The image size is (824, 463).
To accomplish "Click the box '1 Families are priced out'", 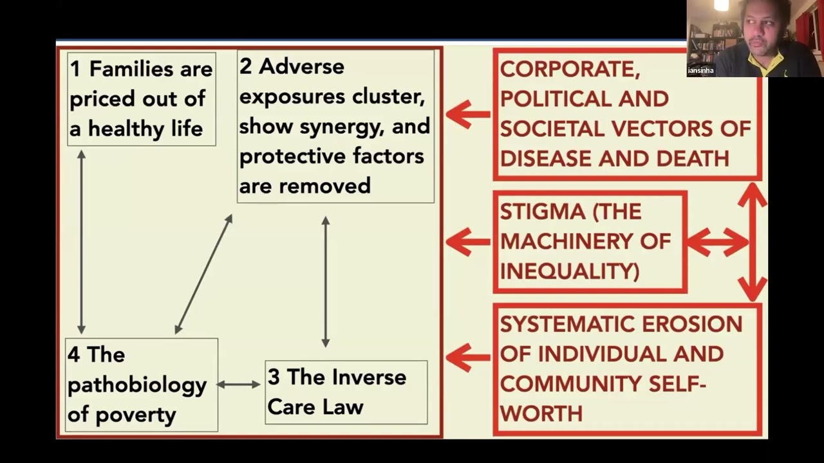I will pyautogui.click(x=141, y=99).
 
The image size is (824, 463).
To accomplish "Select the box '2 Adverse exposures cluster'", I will pyautogui.click(x=335, y=126).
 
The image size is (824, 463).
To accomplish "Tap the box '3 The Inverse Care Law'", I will pyautogui.click(x=346, y=392).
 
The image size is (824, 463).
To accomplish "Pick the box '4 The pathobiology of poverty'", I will pyautogui.click(x=141, y=385).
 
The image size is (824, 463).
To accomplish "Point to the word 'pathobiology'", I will pyautogui.click(x=137, y=385).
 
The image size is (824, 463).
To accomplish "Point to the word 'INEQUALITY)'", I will pyautogui.click(x=570, y=271).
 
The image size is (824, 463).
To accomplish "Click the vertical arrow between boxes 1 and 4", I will pyautogui.click(x=81, y=241).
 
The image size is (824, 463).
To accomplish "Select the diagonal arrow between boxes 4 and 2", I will pyautogui.click(x=203, y=275).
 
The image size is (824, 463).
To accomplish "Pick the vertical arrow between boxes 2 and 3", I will pyautogui.click(x=325, y=282).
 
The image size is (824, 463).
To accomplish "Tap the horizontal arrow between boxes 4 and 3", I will pyautogui.click(x=239, y=385).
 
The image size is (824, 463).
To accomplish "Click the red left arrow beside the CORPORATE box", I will pyautogui.click(x=467, y=114).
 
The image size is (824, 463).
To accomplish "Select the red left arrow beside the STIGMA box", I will pyautogui.click(x=467, y=242).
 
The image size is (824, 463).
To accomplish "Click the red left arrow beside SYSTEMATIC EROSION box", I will pyautogui.click(x=467, y=357).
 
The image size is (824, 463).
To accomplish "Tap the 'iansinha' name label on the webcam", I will pyautogui.click(x=700, y=70).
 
